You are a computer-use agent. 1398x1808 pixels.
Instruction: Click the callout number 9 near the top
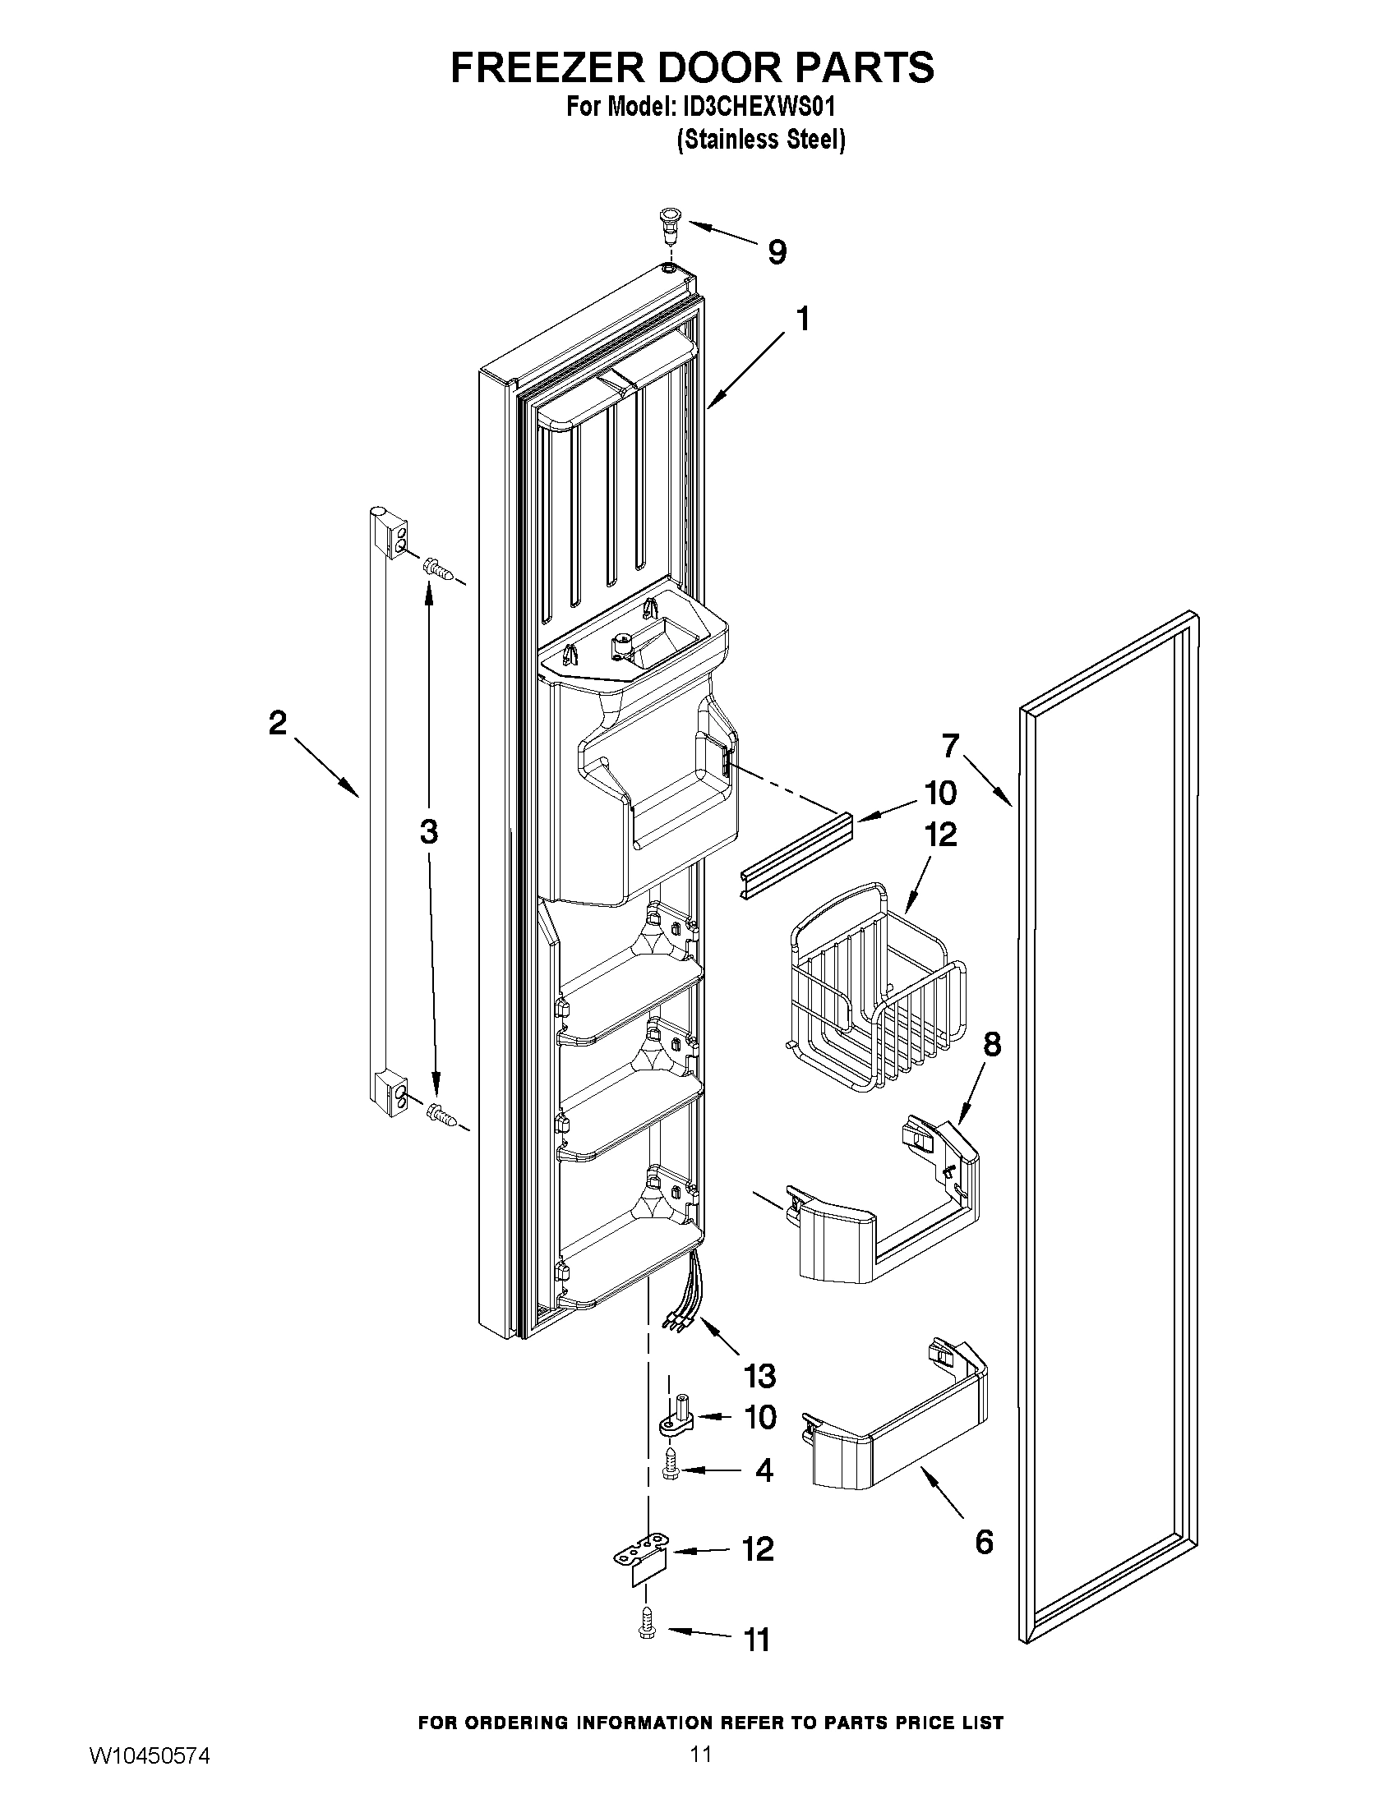click(776, 252)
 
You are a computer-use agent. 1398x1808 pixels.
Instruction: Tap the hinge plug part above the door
click(667, 224)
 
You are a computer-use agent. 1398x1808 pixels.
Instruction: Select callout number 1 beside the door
click(802, 319)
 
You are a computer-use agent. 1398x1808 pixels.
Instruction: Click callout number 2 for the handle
click(278, 723)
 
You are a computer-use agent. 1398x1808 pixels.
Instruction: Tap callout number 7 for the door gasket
click(950, 746)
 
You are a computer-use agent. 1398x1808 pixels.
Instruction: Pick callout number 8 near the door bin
click(991, 1045)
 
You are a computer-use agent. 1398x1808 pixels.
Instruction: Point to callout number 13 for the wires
click(759, 1376)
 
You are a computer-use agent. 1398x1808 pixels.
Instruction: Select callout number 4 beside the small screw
click(764, 1470)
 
